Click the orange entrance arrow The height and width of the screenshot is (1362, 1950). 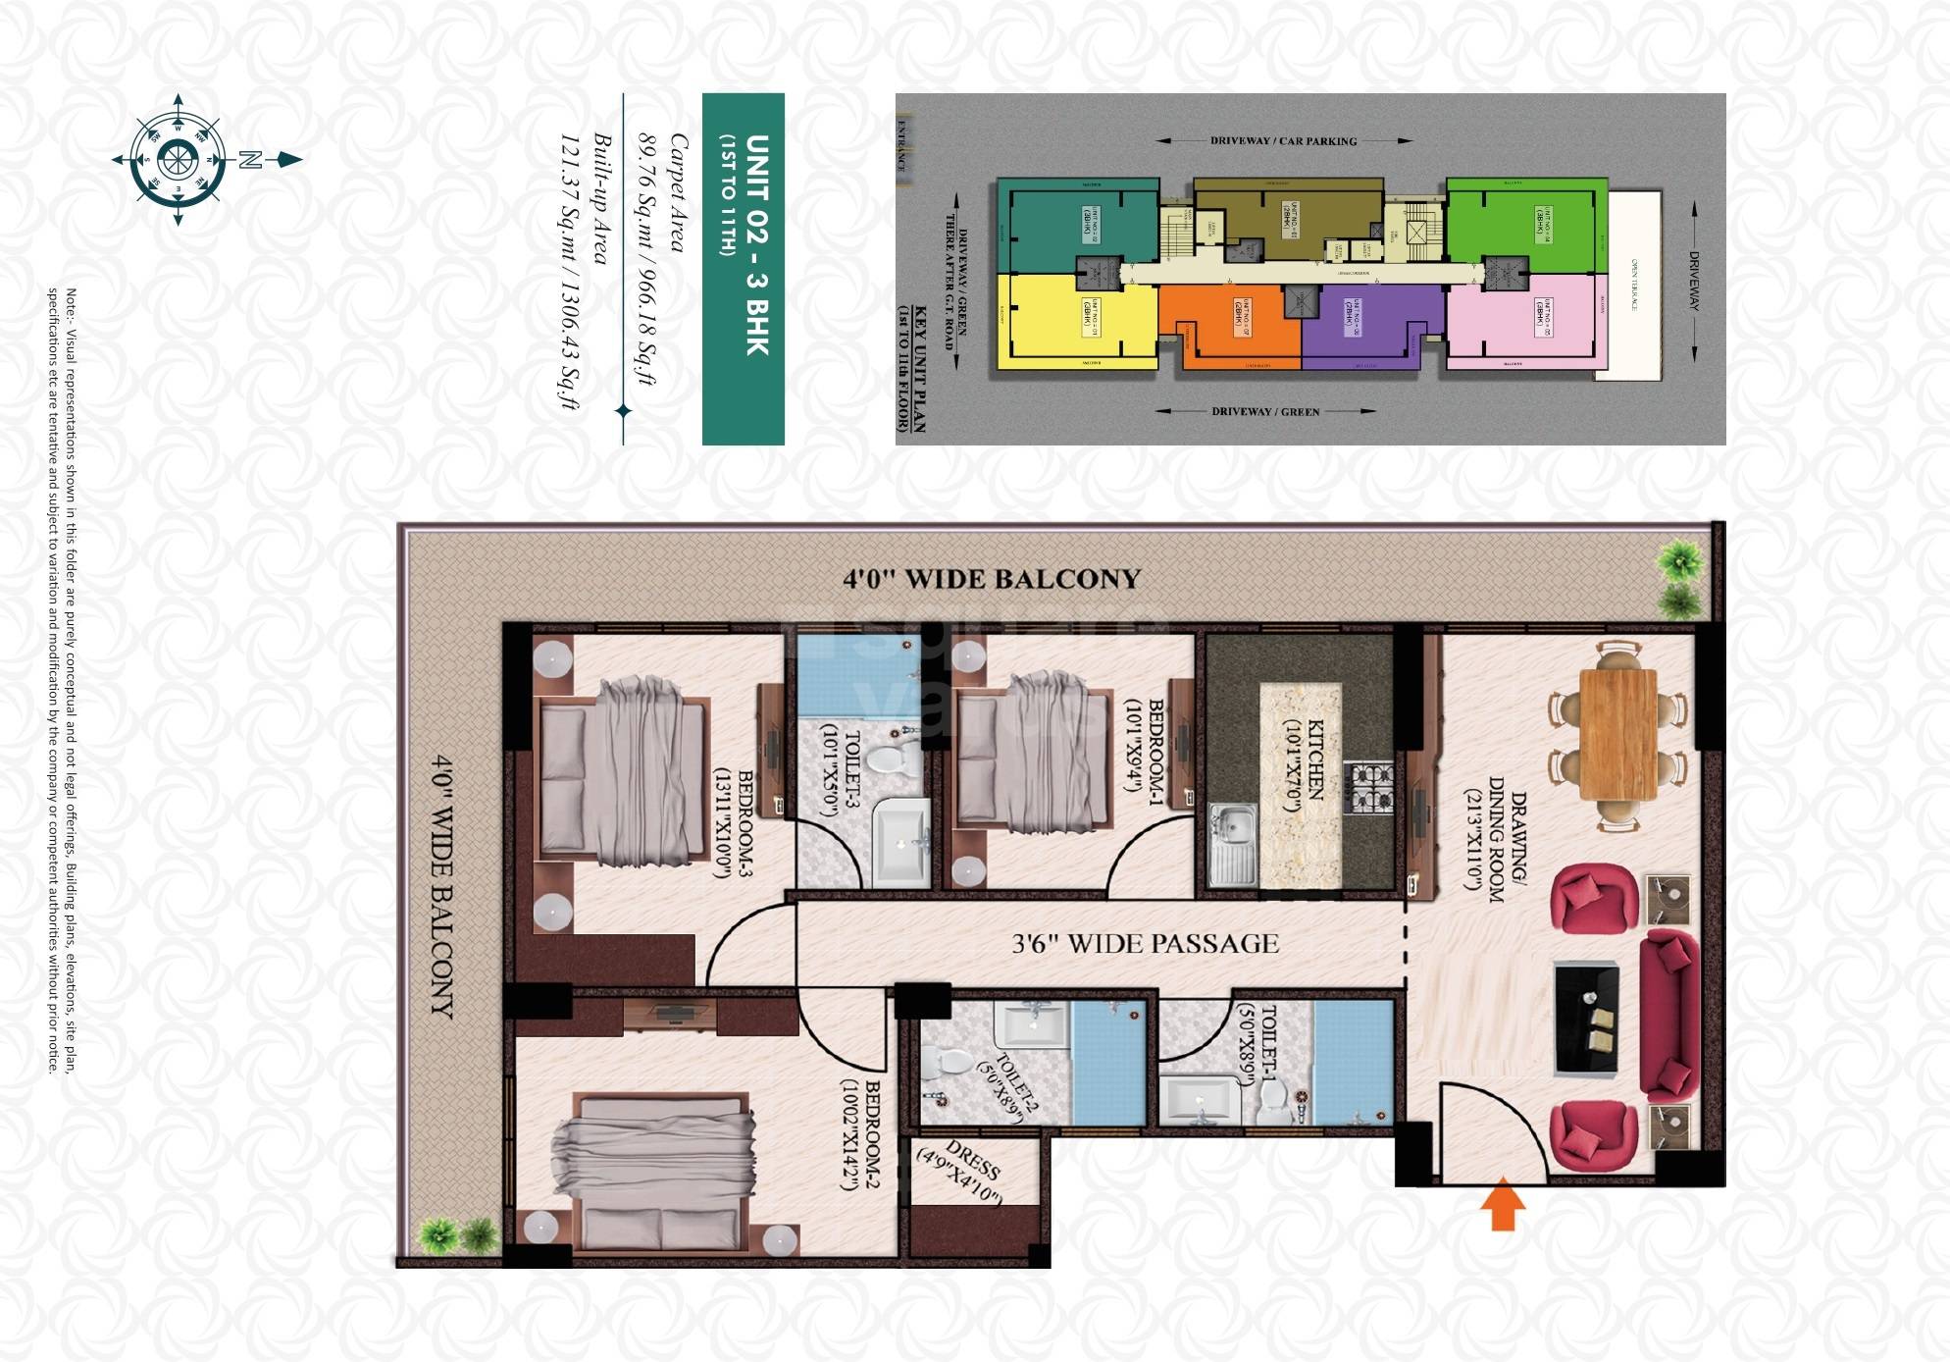point(1502,1209)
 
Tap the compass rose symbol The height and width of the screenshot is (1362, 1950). point(179,160)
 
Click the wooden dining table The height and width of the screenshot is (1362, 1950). point(1617,734)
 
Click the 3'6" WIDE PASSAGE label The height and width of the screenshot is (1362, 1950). point(1145,944)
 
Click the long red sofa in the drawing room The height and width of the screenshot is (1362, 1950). point(1668,1016)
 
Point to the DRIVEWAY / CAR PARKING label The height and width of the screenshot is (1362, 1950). point(1283,141)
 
